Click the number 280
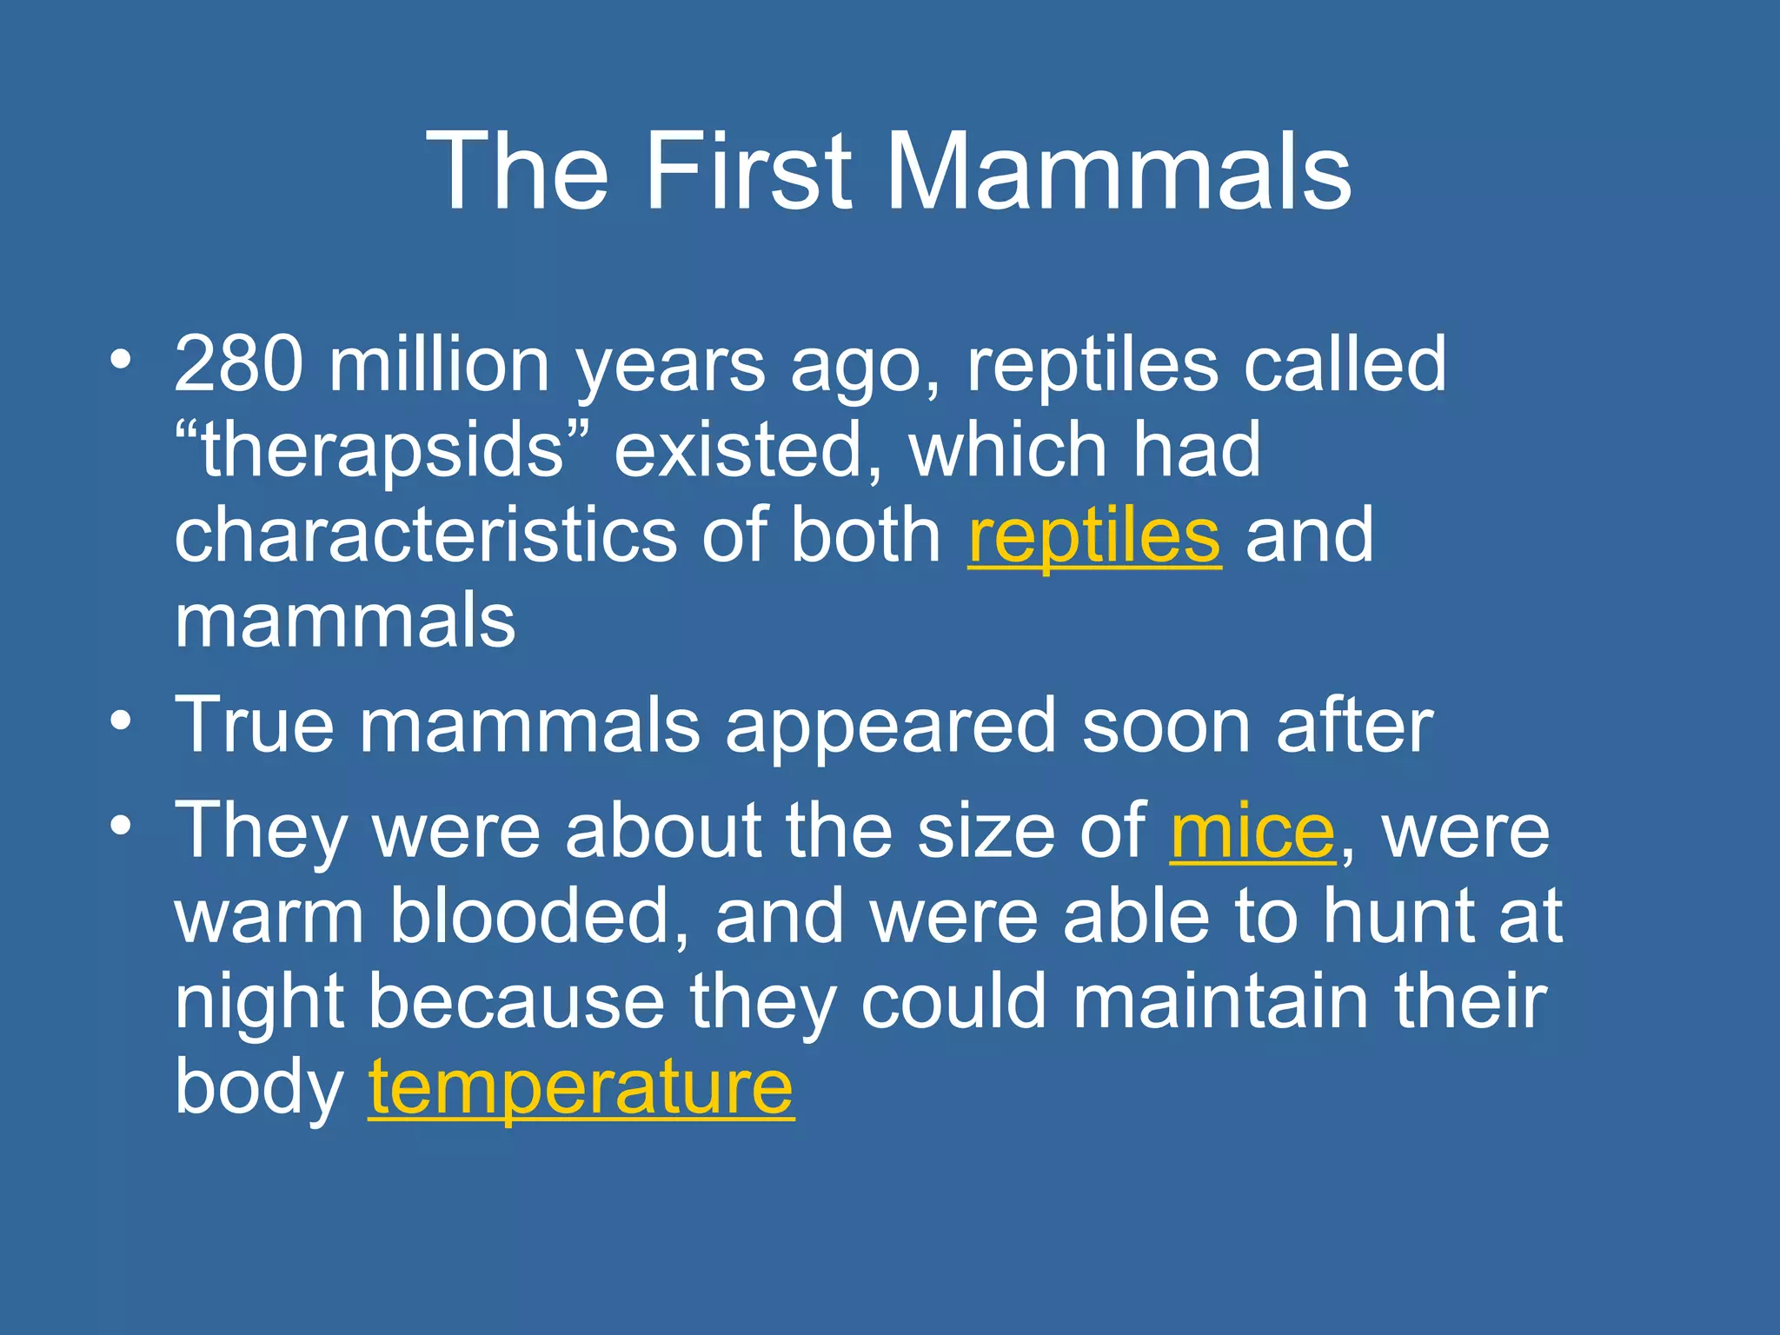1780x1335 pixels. point(239,365)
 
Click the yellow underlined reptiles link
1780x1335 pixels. point(1094,536)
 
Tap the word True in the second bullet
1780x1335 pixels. point(255,725)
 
